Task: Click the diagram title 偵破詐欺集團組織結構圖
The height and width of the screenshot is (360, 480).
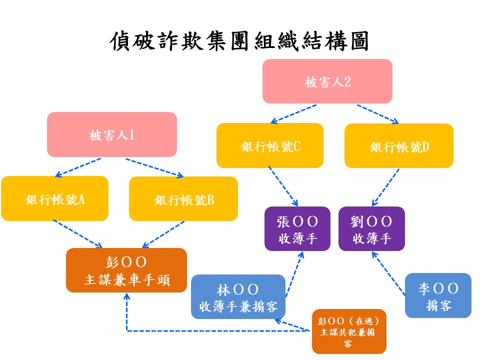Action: tap(239, 41)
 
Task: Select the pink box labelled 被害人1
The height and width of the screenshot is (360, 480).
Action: tap(112, 134)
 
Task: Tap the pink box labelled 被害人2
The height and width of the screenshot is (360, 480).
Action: tap(327, 81)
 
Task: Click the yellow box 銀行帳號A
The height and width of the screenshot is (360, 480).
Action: tap(55, 198)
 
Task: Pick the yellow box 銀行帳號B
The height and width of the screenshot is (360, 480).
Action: tap(183, 199)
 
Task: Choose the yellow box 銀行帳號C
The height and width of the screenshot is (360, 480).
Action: tap(270, 145)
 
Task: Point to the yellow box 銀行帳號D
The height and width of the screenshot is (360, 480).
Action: tap(399, 146)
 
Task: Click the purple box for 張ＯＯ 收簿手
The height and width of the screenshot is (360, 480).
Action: tap(297, 229)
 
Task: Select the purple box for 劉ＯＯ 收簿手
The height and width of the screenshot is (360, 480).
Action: tap(371, 229)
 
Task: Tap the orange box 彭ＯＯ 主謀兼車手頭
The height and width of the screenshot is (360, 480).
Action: tap(126, 270)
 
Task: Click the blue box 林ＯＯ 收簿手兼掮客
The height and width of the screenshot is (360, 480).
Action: tap(238, 297)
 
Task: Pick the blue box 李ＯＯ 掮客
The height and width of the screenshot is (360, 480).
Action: tap(438, 295)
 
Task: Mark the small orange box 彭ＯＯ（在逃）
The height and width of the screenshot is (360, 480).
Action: tap(349, 331)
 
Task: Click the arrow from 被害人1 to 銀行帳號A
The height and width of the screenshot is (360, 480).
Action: tap(78, 168)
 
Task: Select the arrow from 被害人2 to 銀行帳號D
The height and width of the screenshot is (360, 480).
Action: tap(378, 114)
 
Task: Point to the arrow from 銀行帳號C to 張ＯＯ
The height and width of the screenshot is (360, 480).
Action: tap(283, 186)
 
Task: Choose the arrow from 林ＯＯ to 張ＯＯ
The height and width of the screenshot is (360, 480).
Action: tap(294, 274)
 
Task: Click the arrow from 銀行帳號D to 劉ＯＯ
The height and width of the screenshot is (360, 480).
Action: tap(385, 187)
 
